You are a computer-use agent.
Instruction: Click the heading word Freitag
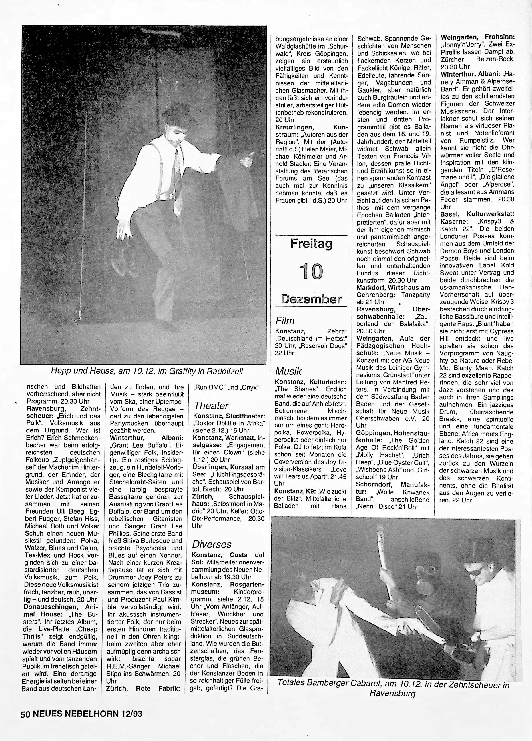coord(311,244)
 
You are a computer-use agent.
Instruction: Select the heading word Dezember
coord(311,299)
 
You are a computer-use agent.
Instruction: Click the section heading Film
coord(285,321)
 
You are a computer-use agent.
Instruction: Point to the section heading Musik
coord(288,371)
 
